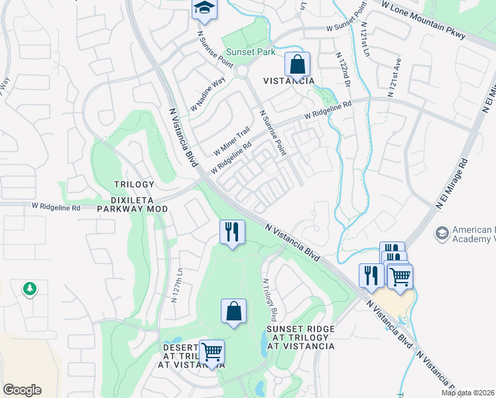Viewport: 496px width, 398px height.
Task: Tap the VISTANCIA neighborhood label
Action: [289, 80]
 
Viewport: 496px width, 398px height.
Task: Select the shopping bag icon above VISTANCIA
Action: [298, 65]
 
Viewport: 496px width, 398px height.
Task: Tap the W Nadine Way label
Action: [208, 96]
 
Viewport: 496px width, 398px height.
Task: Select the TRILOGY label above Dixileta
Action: [134, 184]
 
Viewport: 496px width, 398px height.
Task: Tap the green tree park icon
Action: [29, 289]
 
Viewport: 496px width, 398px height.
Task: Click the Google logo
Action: [22, 390]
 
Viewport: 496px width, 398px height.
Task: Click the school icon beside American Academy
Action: [441, 234]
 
